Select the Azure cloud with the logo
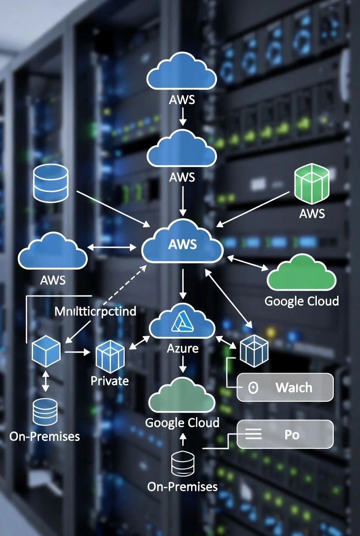182,321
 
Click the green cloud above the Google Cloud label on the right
302,275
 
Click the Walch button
285,387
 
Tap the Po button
285,434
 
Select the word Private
110,380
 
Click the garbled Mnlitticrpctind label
95,312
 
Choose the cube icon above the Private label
110,357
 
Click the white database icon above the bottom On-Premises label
183,464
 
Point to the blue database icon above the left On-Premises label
45,411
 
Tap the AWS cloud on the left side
52,252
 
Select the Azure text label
183,348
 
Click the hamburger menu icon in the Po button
253,434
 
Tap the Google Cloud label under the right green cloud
302,301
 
